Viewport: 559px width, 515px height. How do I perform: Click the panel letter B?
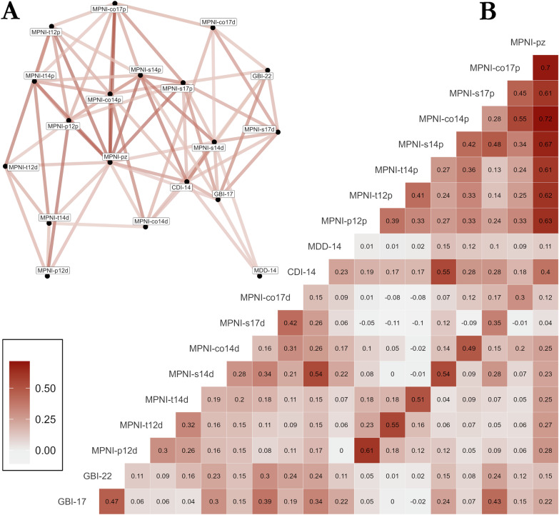488,12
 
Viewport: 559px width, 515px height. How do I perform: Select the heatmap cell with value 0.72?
545,119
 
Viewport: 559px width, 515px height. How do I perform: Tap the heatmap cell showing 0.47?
112,501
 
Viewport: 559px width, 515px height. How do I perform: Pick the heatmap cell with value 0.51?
418,399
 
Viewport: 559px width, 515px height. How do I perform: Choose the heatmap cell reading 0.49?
469,349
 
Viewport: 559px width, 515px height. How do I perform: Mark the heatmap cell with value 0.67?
545,144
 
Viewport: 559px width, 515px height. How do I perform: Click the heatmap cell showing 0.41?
418,196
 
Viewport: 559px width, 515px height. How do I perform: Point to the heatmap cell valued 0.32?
188,425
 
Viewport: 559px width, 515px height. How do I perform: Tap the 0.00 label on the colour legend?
45,451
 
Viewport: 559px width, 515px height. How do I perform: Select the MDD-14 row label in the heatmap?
324,246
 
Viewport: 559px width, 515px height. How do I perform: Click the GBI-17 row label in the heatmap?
72,501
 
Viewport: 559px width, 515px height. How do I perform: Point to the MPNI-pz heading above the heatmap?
528,43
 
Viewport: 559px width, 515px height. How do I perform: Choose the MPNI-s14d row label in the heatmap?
191,374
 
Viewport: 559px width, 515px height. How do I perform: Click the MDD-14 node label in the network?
266,270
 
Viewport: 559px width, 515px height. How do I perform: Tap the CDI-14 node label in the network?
181,187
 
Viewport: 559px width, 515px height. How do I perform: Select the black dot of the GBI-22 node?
268,70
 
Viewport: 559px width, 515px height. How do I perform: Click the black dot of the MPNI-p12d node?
47,276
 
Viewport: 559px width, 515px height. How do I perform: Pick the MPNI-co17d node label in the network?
218,22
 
